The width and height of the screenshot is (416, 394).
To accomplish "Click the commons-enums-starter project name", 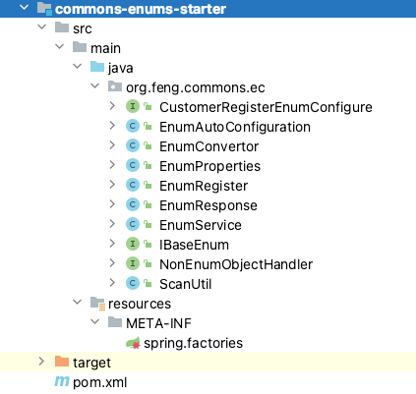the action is pyautogui.click(x=141, y=9).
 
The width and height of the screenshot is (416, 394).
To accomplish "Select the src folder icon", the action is pyautogui.click(x=62, y=28).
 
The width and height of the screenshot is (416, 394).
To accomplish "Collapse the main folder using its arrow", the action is pyautogui.click(x=59, y=47).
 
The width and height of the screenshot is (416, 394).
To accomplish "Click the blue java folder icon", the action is pyautogui.click(x=97, y=67).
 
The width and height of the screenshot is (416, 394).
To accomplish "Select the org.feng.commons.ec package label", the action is pyautogui.click(x=196, y=87).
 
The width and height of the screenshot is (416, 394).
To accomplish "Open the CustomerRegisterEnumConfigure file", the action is pyautogui.click(x=266, y=107).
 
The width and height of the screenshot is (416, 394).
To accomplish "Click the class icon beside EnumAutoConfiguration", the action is pyautogui.click(x=133, y=126).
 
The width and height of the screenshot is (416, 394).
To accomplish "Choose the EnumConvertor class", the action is pyautogui.click(x=208, y=146).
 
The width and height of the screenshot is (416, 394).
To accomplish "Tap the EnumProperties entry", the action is pyautogui.click(x=209, y=166).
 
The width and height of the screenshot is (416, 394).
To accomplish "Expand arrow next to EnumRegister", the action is pyautogui.click(x=112, y=185).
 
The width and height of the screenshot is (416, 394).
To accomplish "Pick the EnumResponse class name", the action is pyautogui.click(x=208, y=205).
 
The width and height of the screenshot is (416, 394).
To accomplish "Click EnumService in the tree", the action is pyautogui.click(x=201, y=225).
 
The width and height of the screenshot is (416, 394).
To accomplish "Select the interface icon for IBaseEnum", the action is pyautogui.click(x=133, y=244).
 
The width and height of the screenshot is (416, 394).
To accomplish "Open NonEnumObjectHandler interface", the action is pyautogui.click(x=236, y=264).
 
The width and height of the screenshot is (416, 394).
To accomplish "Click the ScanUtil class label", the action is pyautogui.click(x=185, y=284).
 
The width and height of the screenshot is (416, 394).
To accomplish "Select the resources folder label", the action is pyautogui.click(x=140, y=304).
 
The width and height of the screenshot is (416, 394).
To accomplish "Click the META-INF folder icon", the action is pyautogui.click(x=115, y=322).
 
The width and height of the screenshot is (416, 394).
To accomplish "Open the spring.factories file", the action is pyautogui.click(x=193, y=343).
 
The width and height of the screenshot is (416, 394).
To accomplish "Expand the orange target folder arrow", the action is pyautogui.click(x=41, y=362).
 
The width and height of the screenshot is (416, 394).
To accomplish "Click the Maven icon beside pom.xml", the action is pyautogui.click(x=62, y=381).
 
